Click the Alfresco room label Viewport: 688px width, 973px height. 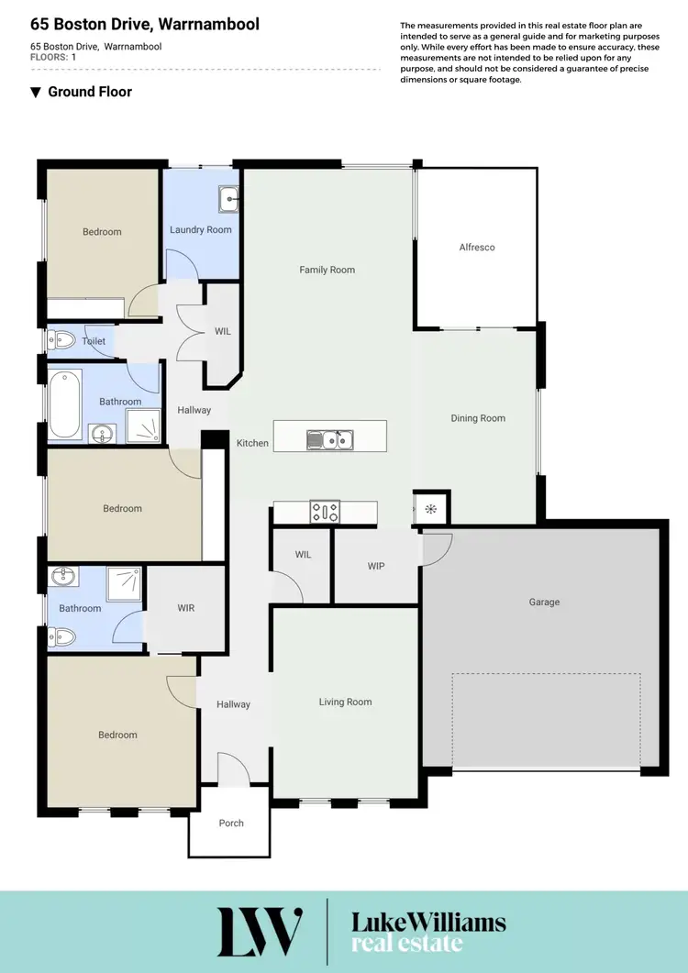(x=477, y=247)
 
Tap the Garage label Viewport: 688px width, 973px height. (x=544, y=603)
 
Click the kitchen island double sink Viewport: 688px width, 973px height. (x=329, y=440)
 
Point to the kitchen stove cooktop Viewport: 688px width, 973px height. (x=326, y=511)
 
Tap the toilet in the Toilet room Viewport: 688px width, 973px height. (x=61, y=341)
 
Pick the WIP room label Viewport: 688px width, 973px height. (x=376, y=566)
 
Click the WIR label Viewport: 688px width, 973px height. (x=185, y=608)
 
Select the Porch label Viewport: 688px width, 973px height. (x=231, y=823)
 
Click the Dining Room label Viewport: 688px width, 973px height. (x=478, y=418)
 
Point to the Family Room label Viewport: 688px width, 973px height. (x=327, y=270)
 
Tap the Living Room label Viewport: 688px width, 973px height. (x=345, y=702)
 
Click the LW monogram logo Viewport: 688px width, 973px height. (x=260, y=932)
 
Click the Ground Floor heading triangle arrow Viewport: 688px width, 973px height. (x=36, y=92)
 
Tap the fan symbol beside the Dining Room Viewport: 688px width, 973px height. (x=430, y=510)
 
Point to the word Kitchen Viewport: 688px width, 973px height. (x=252, y=443)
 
